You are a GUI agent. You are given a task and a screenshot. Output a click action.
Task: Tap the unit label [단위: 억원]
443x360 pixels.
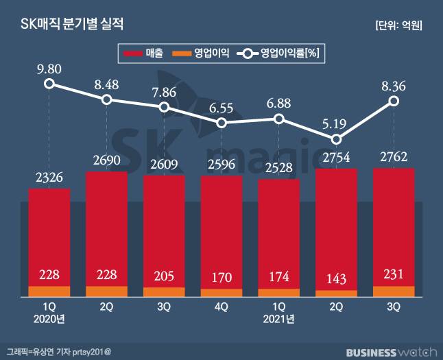(x=398, y=26)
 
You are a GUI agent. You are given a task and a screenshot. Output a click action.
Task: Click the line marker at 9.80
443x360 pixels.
(x=49, y=84)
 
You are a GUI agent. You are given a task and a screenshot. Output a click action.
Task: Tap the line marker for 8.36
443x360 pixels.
(x=394, y=101)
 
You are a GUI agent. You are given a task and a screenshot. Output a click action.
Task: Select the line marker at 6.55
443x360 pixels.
(x=221, y=123)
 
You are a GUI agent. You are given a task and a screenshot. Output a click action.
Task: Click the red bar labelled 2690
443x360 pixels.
(x=106, y=226)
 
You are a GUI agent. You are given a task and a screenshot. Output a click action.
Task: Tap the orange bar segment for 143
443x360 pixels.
(x=336, y=293)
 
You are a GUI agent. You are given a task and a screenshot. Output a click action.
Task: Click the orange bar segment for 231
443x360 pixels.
(x=394, y=291)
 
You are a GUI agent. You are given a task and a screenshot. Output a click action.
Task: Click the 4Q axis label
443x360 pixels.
(x=221, y=307)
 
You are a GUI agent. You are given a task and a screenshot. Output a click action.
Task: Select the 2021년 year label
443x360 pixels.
(x=278, y=319)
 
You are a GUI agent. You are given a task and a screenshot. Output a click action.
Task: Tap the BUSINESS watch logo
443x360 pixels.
(x=390, y=352)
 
